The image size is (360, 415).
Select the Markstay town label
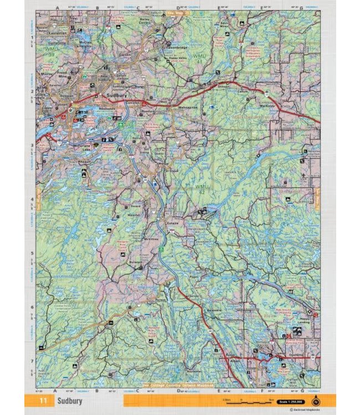[x=267, y=105]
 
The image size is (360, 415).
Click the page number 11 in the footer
[x=42, y=400]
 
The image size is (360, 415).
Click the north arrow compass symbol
[x=315, y=400]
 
